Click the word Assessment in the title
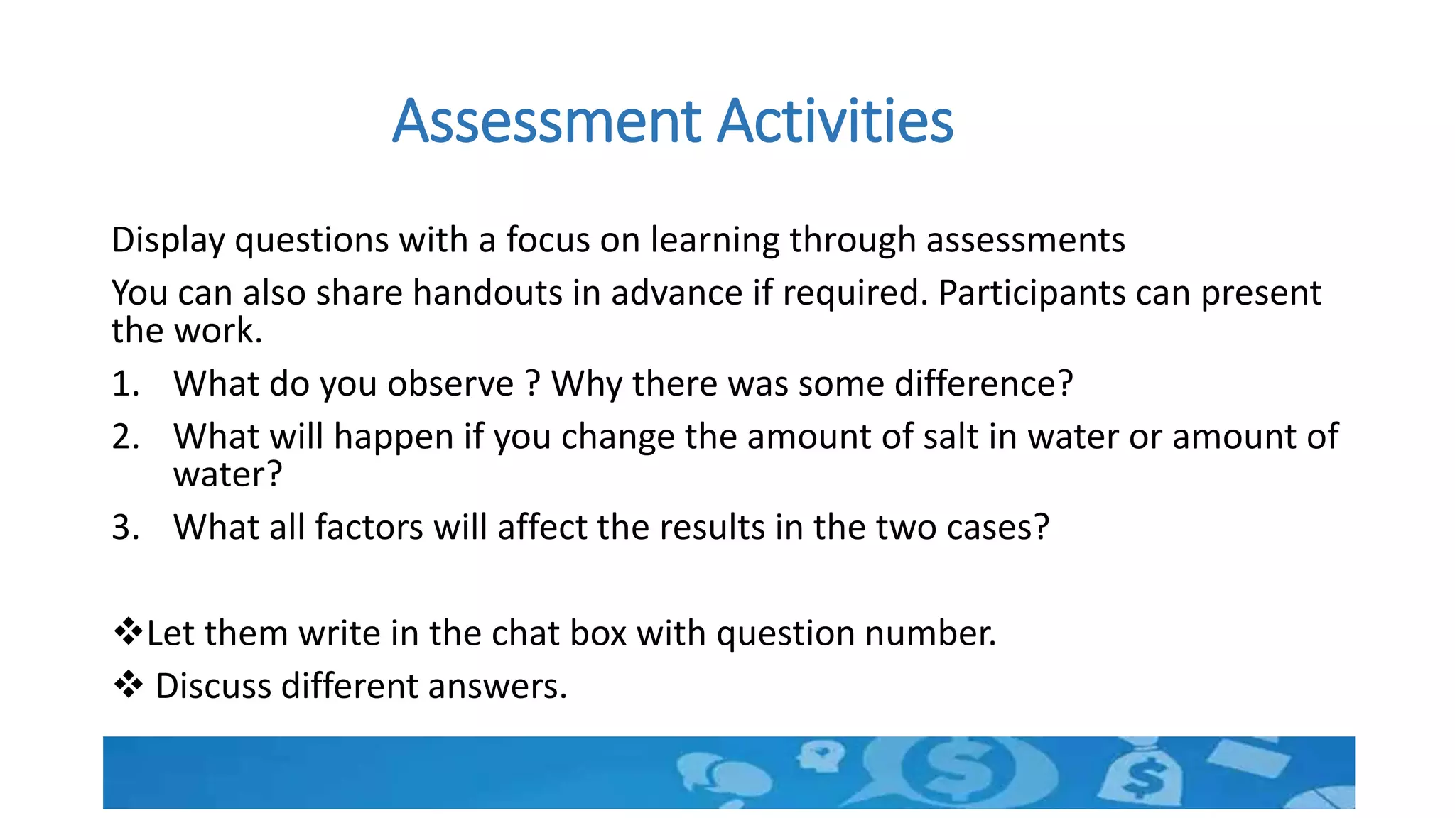547,121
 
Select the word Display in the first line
168,240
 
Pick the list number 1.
125,384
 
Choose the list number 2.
125,437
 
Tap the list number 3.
125,528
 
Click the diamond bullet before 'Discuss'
128,685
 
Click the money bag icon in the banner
1142,775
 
